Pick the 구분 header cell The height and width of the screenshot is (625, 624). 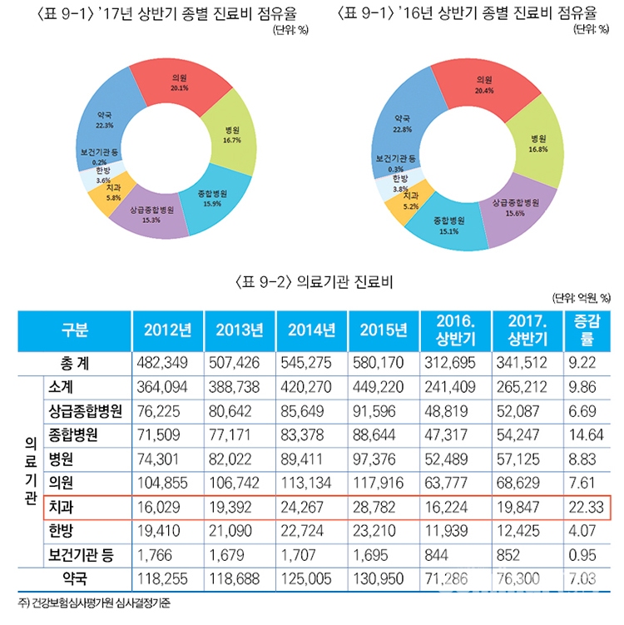coord(73,329)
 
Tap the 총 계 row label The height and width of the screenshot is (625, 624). coord(73,363)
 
